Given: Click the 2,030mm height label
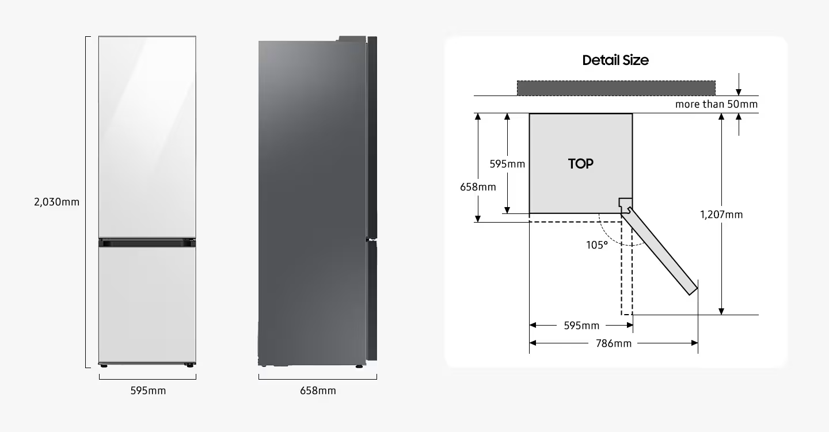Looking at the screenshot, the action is pyautogui.click(x=56, y=202).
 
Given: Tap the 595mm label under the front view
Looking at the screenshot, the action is pyautogui.click(x=148, y=391).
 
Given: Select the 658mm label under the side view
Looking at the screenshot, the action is pyautogui.click(x=318, y=391).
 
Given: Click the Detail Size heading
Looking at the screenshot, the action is pyautogui.click(x=615, y=60).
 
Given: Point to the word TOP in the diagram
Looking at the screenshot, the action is pyautogui.click(x=581, y=163).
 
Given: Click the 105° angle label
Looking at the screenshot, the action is pyautogui.click(x=597, y=245).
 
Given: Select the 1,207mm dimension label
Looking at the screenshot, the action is pyautogui.click(x=721, y=215).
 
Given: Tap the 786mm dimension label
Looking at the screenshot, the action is pyautogui.click(x=614, y=343).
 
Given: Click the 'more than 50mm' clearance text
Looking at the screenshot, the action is pyautogui.click(x=717, y=104).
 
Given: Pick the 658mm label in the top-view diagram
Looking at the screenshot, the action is pyautogui.click(x=478, y=187).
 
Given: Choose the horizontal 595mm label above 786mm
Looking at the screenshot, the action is pyautogui.click(x=581, y=326).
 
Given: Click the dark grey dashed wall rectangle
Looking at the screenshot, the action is pyautogui.click(x=616, y=89).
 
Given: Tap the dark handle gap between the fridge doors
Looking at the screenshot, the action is pyautogui.click(x=147, y=243).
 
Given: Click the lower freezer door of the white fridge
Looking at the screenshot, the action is pyautogui.click(x=147, y=304).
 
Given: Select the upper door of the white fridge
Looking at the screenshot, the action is pyautogui.click(x=147, y=137).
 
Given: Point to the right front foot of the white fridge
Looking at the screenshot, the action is pyautogui.click(x=190, y=365).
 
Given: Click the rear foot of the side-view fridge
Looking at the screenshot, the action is pyautogui.click(x=263, y=365).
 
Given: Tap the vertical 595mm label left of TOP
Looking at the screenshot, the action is pyautogui.click(x=507, y=164).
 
